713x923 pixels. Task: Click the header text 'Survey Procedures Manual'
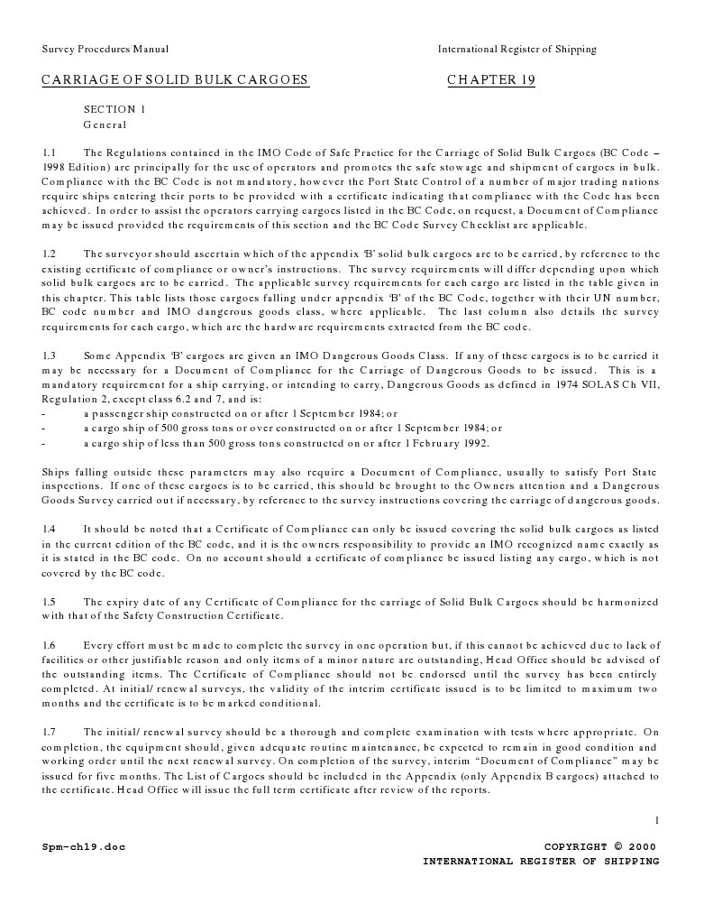(x=105, y=50)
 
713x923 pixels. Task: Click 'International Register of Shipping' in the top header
(x=516, y=50)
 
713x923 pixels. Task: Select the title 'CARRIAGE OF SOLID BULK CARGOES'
(x=175, y=80)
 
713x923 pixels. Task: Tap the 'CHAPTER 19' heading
(x=491, y=80)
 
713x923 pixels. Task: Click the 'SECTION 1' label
(x=114, y=109)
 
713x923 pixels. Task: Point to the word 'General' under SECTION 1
(x=105, y=125)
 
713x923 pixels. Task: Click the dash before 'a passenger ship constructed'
(x=44, y=414)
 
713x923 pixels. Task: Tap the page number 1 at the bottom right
(x=657, y=819)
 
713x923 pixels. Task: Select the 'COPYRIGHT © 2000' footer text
(x=599, y=847)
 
